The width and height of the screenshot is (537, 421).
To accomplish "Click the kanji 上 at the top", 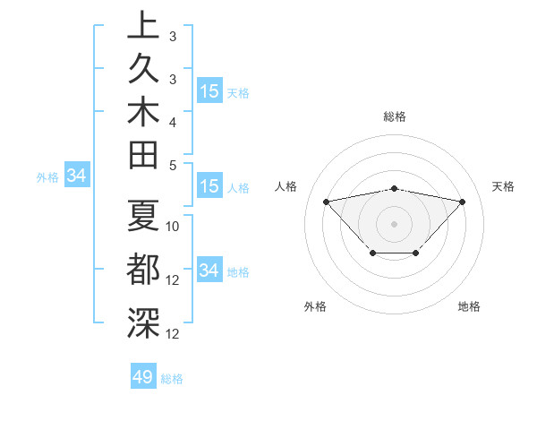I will (x=143, y=26).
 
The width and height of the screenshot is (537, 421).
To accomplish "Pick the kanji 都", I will (x=143, y=269).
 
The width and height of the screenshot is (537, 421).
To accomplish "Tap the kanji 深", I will (x=143, y=321).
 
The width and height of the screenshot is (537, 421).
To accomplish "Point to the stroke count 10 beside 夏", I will (x=173, y=227).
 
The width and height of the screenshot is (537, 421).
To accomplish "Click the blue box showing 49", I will (x=143, y=377).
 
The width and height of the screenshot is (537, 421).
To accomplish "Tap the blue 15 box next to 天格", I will (x=209, y=90).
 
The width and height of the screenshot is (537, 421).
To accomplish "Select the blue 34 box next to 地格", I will (x=209, y=271).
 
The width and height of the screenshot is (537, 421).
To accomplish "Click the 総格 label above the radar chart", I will (x=394, y=116).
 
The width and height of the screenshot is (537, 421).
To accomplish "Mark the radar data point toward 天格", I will (x=462, y=202).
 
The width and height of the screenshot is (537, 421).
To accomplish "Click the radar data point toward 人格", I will (x=326, y=202).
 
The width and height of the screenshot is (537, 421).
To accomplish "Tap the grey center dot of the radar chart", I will (x=394, y=223).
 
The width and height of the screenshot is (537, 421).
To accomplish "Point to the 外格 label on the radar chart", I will (x=316, y=306).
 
